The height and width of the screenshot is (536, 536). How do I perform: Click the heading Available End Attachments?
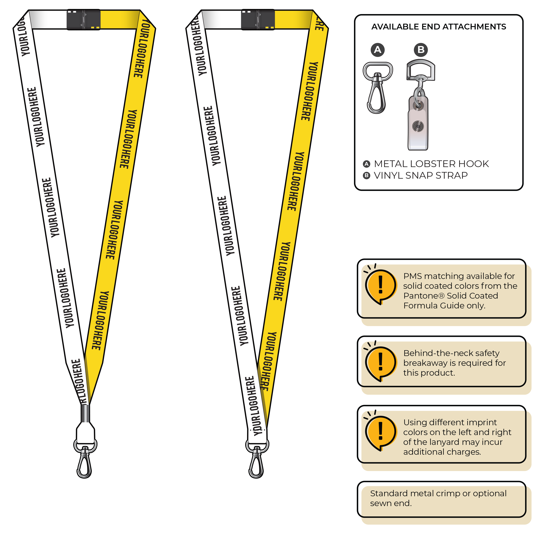(x=439, y=27)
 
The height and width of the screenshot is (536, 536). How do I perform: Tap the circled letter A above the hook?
(x=378, y=50)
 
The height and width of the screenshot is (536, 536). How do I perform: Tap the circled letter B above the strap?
(x=421, y=50)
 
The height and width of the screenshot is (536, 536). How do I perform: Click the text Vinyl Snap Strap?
(x=421, y=176)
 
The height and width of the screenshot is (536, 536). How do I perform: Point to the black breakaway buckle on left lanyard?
(x=84, y=19)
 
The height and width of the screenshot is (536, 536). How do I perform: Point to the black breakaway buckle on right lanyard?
(x=258, y=19)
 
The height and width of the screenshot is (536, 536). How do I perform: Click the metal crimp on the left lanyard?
(x=85, y=413)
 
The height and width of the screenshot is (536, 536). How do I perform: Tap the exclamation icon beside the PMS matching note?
(x=381, y=286)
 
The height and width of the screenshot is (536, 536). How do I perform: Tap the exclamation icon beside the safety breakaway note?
(x=381, y=363)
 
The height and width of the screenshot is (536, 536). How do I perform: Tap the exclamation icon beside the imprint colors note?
(x=381, y=432)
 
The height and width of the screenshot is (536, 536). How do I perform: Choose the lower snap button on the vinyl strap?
(x=418, y=126)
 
